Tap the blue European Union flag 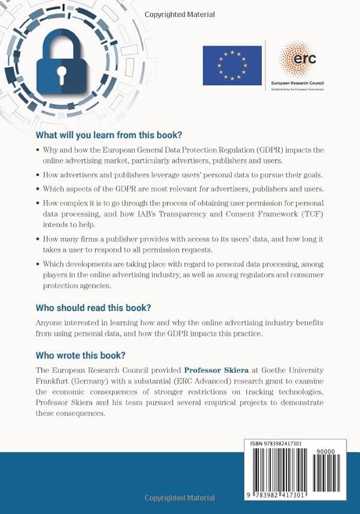(x=232, y=65)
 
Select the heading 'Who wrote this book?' (x=81, y=356)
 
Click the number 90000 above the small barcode (x=327, y=451)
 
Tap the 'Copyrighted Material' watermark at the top (x=179, y=14)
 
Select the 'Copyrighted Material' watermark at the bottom (x=179, y=498)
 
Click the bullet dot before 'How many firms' (x=38, y=240)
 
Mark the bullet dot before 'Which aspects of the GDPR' (x=38, y=188)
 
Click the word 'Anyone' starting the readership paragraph (x=49, y=322)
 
